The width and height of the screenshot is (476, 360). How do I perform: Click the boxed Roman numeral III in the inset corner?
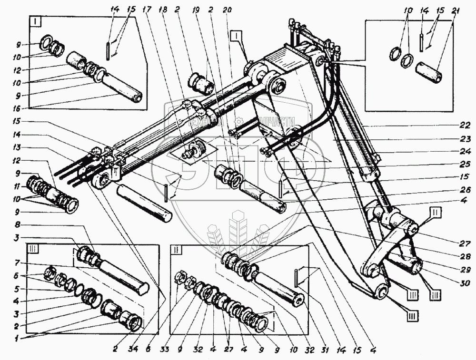tap(34, 249)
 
